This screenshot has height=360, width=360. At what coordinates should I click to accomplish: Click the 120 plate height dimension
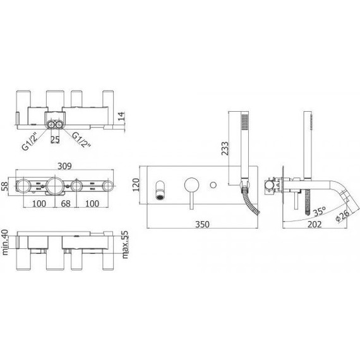pos(134,184)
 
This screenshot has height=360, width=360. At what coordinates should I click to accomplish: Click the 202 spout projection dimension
pos(313,223)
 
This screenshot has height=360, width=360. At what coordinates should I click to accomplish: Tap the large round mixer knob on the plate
pos(190,184)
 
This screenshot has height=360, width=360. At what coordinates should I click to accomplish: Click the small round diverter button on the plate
pos(216,184)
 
